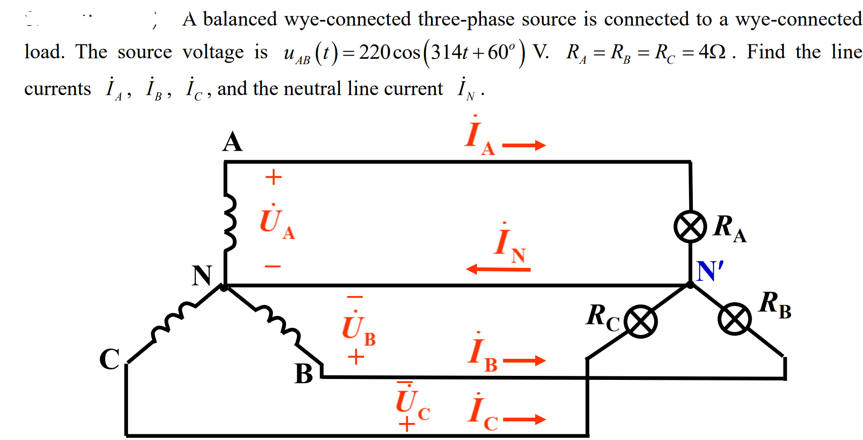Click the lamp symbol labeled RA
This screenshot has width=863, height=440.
pos(690,227)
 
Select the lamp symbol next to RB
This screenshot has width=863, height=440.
pos(734,319)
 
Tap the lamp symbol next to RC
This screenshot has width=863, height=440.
pos(641,322)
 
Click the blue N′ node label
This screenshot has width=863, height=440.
pos(710,271)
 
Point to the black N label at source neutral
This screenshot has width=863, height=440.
pos(202,275)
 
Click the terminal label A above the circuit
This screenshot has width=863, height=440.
pos(233,142)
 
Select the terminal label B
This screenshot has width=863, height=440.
pos(304,374)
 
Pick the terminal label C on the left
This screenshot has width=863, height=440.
pos(110,359)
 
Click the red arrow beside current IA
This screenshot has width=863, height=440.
pos(524,145)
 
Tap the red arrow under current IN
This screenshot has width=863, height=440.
pos(498,269)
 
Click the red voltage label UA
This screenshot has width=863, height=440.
pos(276,222)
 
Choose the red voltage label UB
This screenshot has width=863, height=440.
pos(358,328)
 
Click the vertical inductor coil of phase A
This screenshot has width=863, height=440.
pos(229,222)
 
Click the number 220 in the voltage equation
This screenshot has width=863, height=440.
pos(374,52)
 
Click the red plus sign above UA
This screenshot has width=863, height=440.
pos(273,177)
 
